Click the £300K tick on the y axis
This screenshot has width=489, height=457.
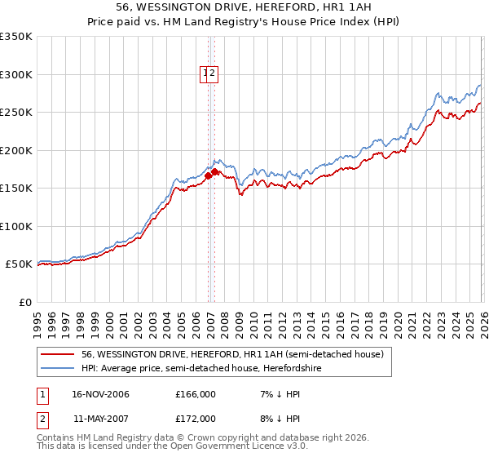(x=16, y=74)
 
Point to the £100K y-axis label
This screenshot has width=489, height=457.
(x=16, y=226)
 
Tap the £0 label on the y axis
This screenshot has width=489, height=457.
(x=24, y=302)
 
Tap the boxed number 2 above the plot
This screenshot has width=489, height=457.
(x=212, y=74)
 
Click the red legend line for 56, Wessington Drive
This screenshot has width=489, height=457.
(x=58, y=354)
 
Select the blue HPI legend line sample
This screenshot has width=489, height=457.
(x=58, y=368)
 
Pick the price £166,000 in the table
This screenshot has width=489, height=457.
(x=195, y=395)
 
